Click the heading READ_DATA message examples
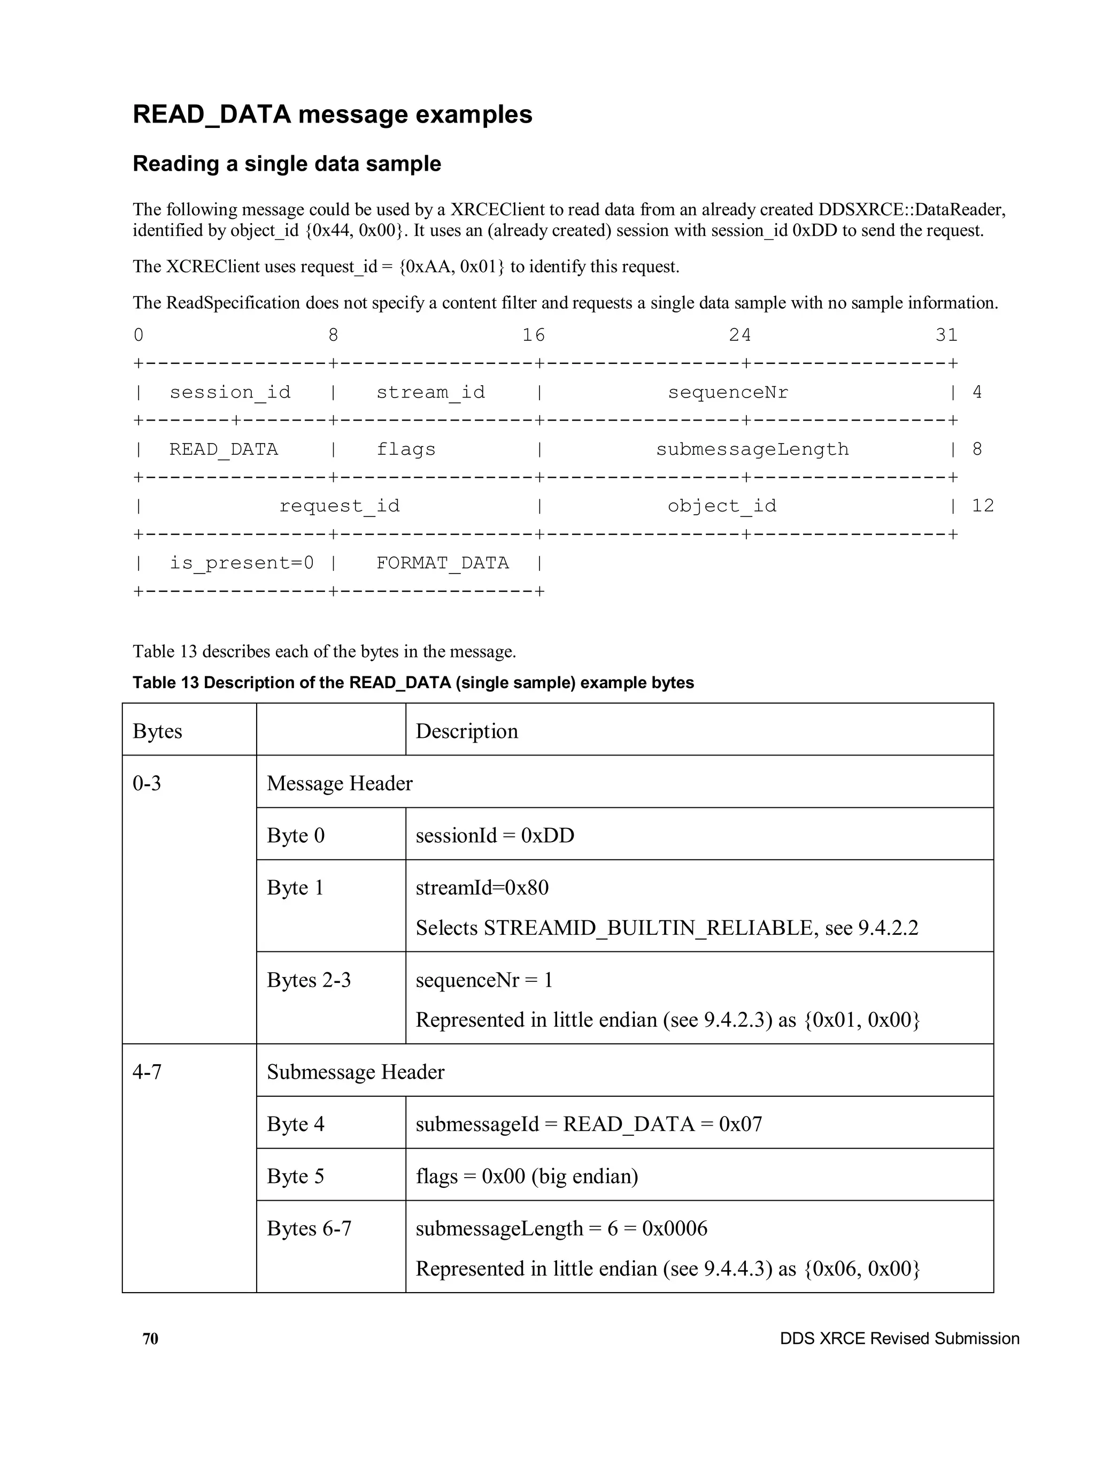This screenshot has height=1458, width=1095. tap(332, 114)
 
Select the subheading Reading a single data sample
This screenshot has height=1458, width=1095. tap(287, 164)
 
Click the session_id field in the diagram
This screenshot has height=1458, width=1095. tap(229, 392)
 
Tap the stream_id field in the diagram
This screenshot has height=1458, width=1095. tap(430, 392)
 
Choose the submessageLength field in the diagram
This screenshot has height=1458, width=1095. tap(752, 449)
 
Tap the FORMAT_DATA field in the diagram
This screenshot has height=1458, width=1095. tap(442, 563)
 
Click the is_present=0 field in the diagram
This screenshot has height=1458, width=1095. tap(241, 563)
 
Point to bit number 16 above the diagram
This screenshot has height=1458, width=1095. tap(533, 335)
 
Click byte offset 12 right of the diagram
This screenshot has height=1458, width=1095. tap(982, 506)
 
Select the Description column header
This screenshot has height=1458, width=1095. tap(466, 731)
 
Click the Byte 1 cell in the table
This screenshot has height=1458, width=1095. tap(295, 888)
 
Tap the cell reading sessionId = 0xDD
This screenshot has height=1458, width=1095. tap(495, 836)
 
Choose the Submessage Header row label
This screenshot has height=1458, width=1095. tap(355, 1072)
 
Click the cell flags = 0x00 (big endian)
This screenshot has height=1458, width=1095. tap(527, 1177)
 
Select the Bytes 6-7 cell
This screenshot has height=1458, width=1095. tap(309, 1228)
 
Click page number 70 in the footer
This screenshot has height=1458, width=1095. tap(150, 1339)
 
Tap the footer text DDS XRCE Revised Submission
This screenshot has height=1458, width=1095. tap(899, 1339)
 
